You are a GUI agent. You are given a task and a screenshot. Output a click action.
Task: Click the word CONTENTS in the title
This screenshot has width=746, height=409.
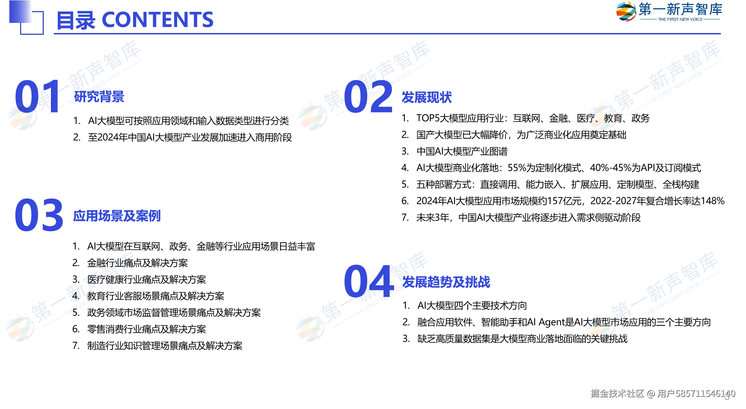pyautogui.click(x=158, y=20)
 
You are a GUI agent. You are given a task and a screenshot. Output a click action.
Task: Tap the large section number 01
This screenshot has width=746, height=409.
pyautogui.click(x=38, y=96)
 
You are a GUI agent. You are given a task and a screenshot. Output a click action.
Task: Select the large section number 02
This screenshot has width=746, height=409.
pyautogui.click(x=368, y=96)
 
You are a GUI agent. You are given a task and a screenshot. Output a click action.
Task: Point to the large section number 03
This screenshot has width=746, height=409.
pyautogui.click(x=39, y=215)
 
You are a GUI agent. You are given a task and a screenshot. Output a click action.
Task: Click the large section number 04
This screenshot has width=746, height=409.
pyautogui.click(x=369, y=281)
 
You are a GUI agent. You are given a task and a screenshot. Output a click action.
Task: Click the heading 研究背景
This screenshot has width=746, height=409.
pyautogui.click(x=99, y=97)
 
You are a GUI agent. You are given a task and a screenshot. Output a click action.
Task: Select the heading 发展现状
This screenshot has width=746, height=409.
pyautogui.click(x=426, y=98)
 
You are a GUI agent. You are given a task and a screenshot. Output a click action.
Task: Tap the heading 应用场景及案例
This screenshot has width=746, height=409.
pyautogui.click(x=117, y=216)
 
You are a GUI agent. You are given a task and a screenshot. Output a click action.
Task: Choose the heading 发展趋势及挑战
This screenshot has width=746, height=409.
pyautogui.click(x=446, y=282)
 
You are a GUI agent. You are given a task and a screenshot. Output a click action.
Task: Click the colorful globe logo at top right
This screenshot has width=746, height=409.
pyautogui.click(x=626, y=11)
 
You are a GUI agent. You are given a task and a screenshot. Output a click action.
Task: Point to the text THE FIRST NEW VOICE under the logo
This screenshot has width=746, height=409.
pyautogui.click(x=680, y=19)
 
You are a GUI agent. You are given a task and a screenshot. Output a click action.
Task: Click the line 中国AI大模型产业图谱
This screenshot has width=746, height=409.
pyautogui.click(x=462, y=151)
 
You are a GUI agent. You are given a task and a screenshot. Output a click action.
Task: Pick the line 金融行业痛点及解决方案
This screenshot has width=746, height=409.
pyautogui.click(x=137, y=263)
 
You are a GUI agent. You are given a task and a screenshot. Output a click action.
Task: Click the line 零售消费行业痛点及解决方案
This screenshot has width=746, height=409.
pyautogui.click(x=147, y=329)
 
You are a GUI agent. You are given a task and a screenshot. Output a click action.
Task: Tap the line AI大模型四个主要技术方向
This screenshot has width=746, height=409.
pyautogui.click(x=472, y=306)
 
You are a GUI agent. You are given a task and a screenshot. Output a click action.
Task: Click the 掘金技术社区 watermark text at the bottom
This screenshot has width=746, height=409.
pyautogui.click(x=617, y=394)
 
